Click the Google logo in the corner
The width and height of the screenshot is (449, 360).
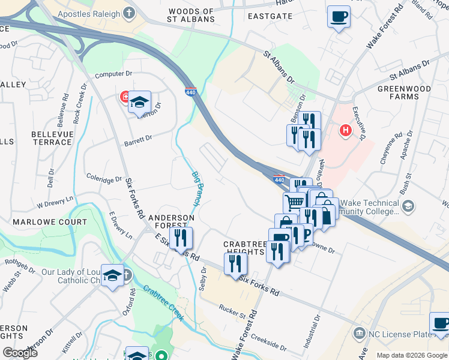[20, 353]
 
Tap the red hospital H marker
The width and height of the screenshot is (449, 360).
[345, 130]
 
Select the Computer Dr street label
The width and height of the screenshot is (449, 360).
[113, 74]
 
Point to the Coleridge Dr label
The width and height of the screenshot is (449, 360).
[104, 179]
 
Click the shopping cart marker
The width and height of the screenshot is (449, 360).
[294, 202]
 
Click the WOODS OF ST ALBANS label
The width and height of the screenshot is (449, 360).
[191, 15]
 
